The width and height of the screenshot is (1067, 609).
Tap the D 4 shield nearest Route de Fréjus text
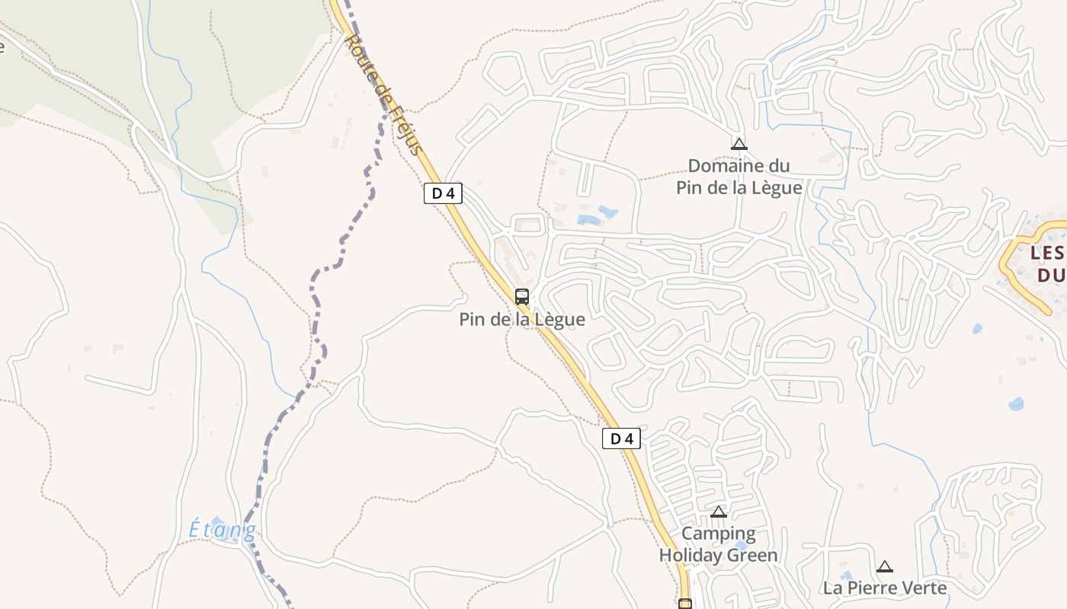pos(443,193)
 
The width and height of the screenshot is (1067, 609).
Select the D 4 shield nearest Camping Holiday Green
pos(621,438)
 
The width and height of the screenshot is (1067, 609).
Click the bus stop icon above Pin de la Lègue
pos(522,297)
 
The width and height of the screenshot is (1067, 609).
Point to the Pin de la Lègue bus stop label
pos(522,320)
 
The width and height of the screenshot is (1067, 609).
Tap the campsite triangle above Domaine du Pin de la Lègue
pos(739,144)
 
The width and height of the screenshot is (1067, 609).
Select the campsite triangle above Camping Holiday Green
pos(719,512)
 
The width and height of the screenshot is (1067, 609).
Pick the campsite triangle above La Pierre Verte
pos(885,566)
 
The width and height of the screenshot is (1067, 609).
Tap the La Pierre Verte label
pos(885,588)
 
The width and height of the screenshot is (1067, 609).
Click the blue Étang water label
pos(223,529)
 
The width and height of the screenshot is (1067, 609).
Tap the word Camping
pos(719,534)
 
